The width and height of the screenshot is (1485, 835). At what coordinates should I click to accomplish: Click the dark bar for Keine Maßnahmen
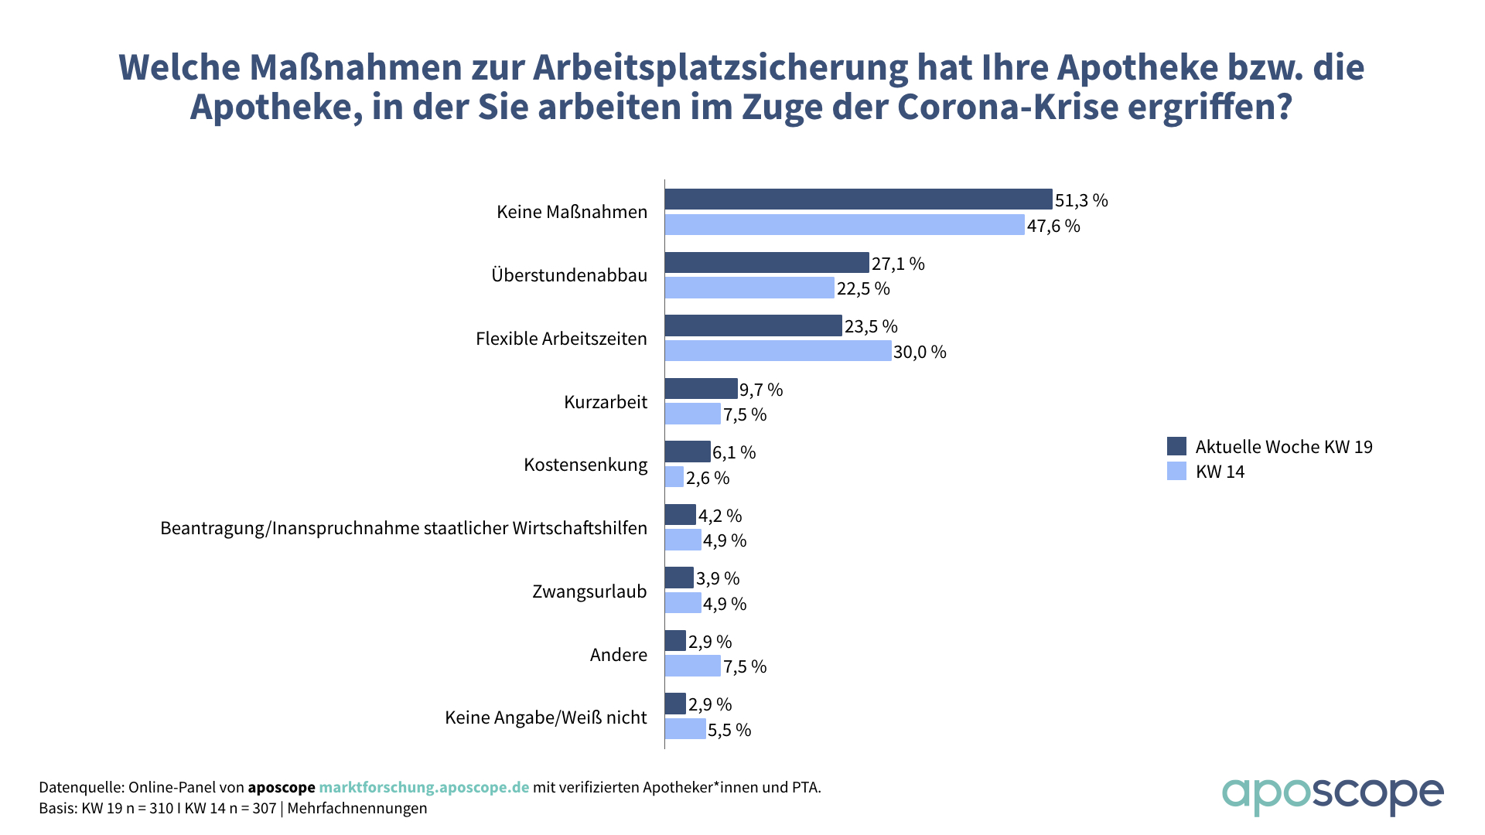(x=859, y=199)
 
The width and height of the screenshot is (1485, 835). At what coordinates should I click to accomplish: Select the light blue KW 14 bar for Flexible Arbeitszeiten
(x=778, y=351)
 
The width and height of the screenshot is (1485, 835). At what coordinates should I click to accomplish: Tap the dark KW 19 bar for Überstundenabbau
(x=767, y=263)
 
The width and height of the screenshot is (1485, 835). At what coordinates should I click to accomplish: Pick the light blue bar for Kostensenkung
(x=674, y=477)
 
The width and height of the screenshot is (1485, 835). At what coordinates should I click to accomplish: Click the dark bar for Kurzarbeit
(x=702, y=389)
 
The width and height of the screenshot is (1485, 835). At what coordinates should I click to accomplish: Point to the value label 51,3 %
(x=1081, y=200)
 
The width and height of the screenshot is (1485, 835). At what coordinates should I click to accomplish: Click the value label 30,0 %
(x=920, y=352)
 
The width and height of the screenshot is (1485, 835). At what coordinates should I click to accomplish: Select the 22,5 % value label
(x=863, y=288)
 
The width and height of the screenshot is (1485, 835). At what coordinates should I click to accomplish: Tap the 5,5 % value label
(x=729, y=730)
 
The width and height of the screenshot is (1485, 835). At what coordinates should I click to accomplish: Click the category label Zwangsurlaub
(x=589, y=591)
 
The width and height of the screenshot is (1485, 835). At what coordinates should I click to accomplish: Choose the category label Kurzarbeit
(x=606, y=402)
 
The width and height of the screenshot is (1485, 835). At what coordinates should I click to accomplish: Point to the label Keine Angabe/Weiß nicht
(x=545, y=717)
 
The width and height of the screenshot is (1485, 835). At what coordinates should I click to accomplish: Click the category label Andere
(x=619, y=655)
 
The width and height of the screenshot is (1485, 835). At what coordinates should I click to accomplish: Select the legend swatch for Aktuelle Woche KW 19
(x=1176, y=446)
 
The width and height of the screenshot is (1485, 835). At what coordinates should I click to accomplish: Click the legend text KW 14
(x=1220, y=472)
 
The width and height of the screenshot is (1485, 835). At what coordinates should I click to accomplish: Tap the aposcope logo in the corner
(x=1332, y=795)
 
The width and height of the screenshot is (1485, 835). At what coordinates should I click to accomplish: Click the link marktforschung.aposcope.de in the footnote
(x=424, y=787)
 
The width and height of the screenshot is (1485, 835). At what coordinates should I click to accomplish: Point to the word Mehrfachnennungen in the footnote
(x=357, y=808)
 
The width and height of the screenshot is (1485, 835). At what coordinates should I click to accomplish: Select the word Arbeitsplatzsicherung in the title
(x=720, y=67)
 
